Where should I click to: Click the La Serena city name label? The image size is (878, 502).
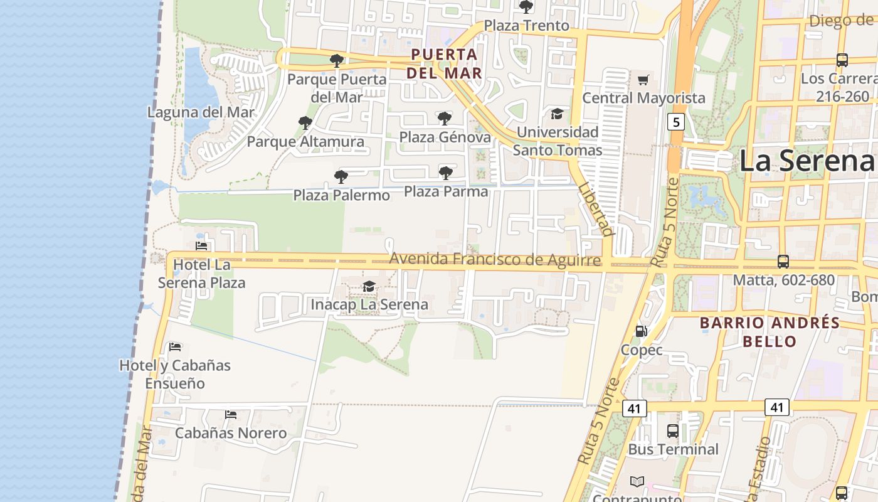tap(807, 161)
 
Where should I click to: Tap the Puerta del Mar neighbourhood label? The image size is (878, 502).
tap(445, 63)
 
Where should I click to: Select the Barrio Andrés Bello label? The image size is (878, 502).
tap(770, 332)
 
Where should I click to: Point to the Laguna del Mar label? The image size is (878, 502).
tap(201, 112)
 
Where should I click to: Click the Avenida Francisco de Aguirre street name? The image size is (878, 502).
tap(495, 259)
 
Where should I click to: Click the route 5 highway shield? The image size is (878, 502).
tap(675, 121)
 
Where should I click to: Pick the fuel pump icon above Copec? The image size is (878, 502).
tap(641, 331)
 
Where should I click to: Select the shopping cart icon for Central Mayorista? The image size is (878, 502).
tap(643, 80)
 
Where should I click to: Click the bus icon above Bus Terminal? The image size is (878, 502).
tap(673, 430)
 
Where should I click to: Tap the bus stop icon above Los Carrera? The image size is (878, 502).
tap(842, 60)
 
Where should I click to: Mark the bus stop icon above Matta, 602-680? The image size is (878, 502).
tap(783, 261)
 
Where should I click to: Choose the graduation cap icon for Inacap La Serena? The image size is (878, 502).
tap(369, 287)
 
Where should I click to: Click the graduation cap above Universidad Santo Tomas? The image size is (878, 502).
tap(557, 114)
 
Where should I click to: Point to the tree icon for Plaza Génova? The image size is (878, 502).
tap(445, 118)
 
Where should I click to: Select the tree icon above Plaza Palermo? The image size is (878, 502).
tap(341, 176)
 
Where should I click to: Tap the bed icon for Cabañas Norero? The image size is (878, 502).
tap(231, 415)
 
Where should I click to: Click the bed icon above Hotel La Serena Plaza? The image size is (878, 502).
tap(201, 246)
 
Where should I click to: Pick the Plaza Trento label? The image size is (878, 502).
tap(527, 26)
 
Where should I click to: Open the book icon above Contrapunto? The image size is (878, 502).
tap(637, 481)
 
